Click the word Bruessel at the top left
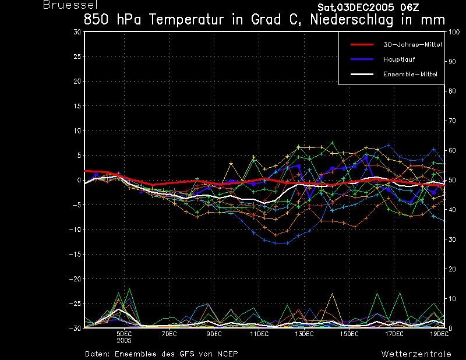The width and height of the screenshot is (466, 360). point(70,5)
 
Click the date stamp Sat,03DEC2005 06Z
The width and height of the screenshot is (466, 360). point(368,8)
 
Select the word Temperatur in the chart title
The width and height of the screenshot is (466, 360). point(186,20)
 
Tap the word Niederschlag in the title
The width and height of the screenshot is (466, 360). point(352,20)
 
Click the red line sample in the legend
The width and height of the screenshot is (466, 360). point(362,45)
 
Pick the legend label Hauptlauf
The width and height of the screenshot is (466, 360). point(399,59)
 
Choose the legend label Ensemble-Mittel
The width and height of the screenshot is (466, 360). point(410,75)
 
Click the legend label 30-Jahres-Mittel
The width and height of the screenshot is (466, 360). point(412,45)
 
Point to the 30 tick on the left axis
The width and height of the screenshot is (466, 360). point(77,31)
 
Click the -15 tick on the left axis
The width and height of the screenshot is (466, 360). point(75,254)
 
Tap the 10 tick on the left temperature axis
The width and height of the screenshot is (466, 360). point(77,130)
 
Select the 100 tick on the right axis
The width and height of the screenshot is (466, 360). point(454,32)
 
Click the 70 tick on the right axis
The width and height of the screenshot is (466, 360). point(452,121)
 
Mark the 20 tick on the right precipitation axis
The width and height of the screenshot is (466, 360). point(452,269)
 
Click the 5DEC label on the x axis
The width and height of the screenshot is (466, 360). point(124,334)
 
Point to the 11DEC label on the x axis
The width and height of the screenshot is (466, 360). point(259,334)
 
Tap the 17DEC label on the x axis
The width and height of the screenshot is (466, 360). point(394,334)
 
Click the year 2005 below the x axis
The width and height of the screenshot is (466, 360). point(124,341)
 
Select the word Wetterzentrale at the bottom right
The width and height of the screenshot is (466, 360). point(416,354)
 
